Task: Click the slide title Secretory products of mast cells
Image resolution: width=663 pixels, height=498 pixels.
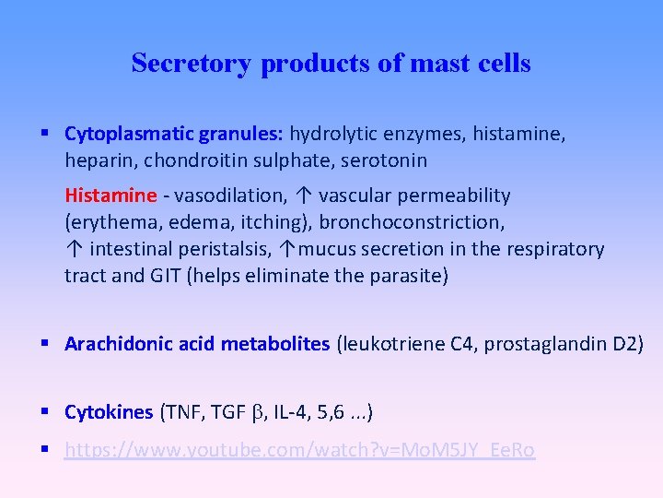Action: [331, 63]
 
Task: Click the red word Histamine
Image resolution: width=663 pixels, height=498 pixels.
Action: [110, 196]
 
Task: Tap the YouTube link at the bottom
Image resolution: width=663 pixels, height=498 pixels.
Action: [299, 450]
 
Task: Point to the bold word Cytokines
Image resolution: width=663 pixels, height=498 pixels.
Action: [109, 411]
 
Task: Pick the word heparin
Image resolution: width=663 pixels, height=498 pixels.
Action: [94, 160]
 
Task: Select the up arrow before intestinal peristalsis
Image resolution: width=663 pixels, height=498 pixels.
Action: [73, 249]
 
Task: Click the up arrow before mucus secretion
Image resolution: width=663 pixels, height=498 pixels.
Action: [288, 249]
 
